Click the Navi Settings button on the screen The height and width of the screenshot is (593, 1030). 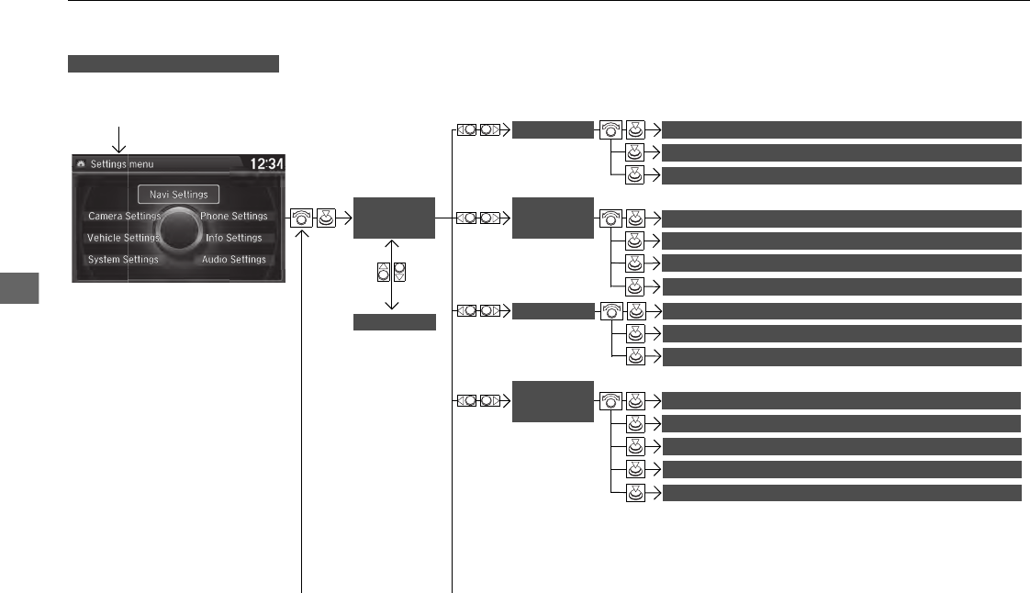179,194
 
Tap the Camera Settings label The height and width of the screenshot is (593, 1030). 124,217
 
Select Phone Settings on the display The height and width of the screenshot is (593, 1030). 234,217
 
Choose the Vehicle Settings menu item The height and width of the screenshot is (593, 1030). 123,238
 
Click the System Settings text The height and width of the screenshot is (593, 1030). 123,260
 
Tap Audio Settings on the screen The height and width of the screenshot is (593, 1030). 234,260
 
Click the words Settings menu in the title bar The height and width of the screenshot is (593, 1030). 122,164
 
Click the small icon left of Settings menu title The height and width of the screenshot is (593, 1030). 81,164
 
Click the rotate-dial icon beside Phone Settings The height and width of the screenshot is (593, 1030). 302,218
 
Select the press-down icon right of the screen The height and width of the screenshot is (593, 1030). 326,218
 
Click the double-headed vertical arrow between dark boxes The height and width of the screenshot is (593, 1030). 394,274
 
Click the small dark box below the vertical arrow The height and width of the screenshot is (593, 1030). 394,322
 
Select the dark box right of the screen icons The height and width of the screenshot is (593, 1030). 394,218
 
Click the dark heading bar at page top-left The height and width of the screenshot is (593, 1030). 173,63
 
